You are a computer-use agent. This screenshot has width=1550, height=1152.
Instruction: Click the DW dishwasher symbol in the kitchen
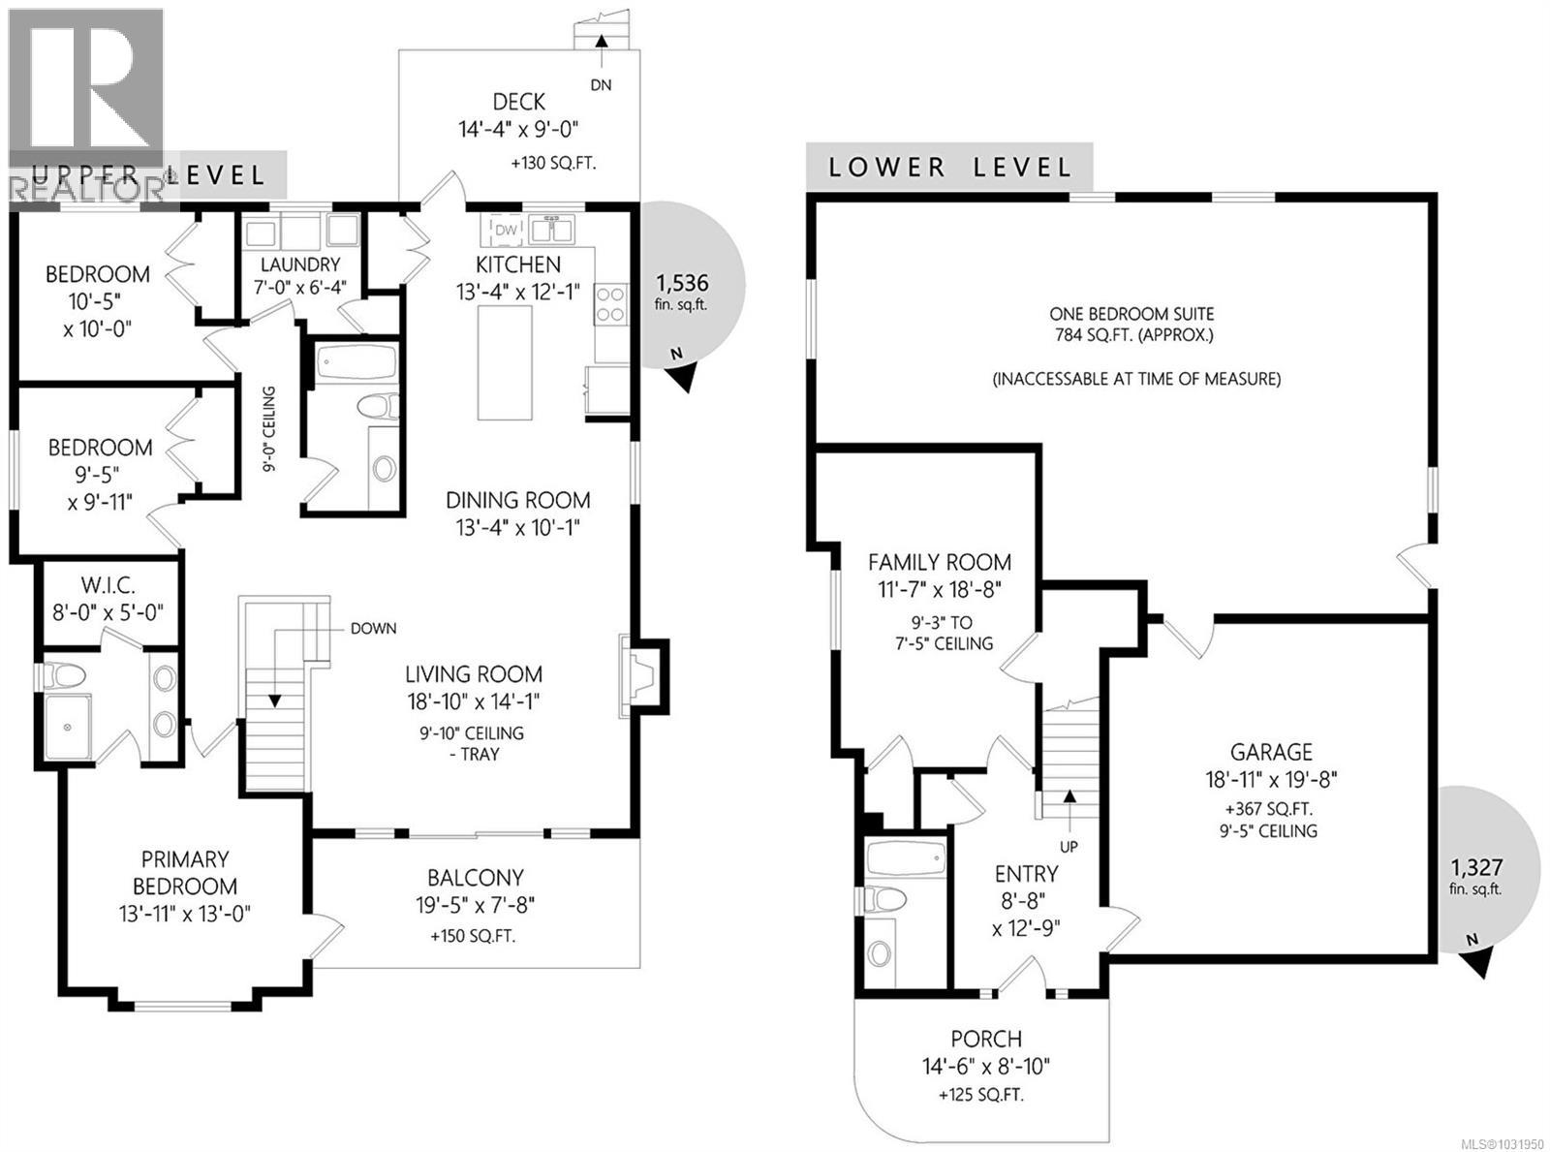click(506, 231)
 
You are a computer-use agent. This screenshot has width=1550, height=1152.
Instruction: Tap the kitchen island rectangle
click(504, 362)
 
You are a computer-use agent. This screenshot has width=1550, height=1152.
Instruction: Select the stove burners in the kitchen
click(611, 304)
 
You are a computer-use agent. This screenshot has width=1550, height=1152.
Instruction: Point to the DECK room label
click(518, 102)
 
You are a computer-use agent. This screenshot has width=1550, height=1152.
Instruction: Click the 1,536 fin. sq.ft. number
click(682, 284)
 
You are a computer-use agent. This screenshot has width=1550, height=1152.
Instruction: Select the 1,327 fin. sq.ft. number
click(1475, 867)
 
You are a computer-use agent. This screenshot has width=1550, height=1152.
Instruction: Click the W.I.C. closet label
click(108, 586)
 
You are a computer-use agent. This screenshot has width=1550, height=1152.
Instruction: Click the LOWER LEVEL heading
click(950, 168)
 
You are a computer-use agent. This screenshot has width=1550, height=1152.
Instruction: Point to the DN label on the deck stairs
click(601, 84)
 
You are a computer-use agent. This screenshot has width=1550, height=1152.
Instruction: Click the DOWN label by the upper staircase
click(373, 628)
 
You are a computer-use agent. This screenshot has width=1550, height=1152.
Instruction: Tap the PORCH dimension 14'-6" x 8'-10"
click(986, 1067)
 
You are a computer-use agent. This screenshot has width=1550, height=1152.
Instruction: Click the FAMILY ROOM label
click(939, 562)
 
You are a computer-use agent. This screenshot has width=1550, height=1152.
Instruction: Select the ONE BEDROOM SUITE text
click(1131, 314)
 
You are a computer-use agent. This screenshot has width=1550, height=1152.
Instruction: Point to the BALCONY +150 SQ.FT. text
click(475, 937)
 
